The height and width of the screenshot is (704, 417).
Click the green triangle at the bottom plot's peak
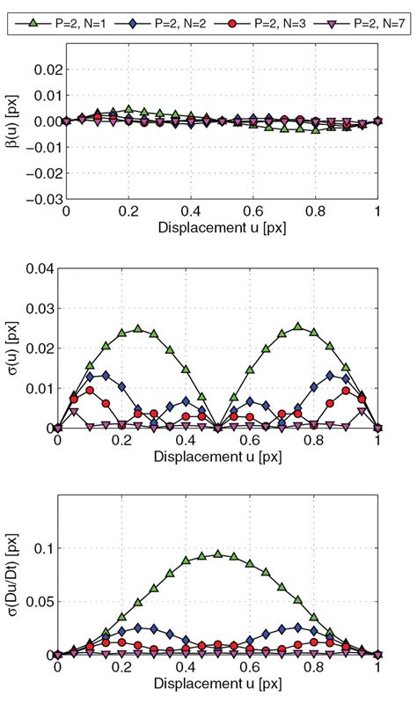(x=217, y=554)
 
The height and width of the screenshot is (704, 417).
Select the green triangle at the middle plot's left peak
(x=137, y=328)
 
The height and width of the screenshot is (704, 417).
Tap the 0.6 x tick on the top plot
(x=253, y=214)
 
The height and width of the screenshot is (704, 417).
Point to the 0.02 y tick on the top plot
(x=43, y=69)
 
